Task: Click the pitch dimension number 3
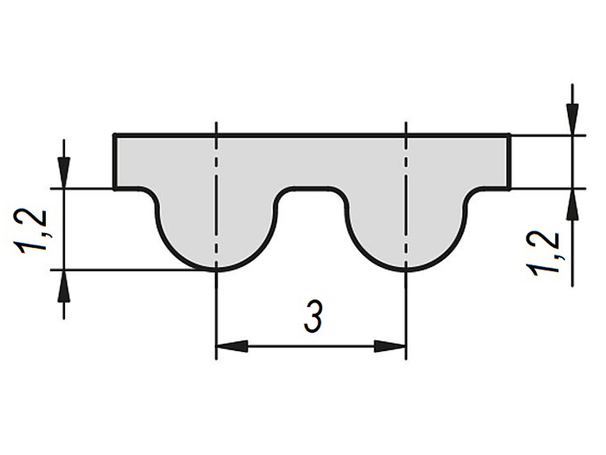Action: pos(313,317)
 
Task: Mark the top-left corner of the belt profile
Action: pos(115,134)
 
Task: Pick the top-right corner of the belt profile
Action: pos(509,134)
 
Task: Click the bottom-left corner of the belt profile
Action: pos(115,188)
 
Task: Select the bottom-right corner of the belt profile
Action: pos(509,188)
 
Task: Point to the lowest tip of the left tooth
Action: pos(216,270)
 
